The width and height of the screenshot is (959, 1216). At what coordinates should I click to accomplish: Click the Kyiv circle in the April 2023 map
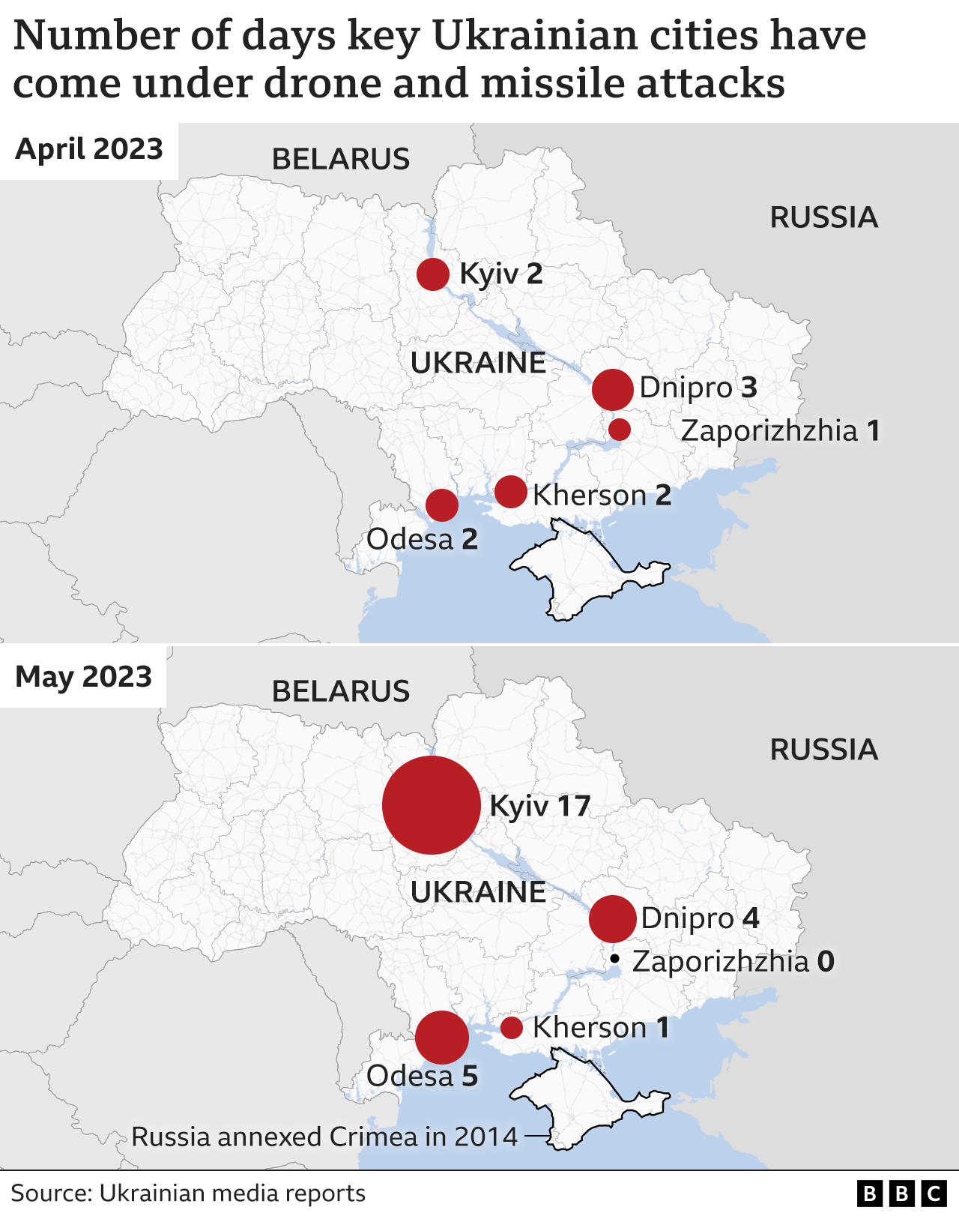coord(433,274)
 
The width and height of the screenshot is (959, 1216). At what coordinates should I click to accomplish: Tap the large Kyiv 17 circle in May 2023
coord(432,805)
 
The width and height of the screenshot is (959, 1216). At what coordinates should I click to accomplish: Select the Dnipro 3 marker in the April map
coord(613,389)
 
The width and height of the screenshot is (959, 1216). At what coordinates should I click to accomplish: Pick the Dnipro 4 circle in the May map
coord(613,918)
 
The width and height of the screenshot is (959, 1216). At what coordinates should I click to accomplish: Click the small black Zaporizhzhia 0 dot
coord(614,958)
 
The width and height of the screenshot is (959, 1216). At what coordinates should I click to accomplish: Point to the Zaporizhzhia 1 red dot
coord(620,430)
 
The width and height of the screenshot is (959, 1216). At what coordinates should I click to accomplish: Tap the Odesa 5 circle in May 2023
coord(442,1038)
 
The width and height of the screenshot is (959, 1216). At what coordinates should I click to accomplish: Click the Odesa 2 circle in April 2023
coord(442,505)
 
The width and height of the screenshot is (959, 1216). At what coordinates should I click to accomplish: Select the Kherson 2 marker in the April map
coord(511,492)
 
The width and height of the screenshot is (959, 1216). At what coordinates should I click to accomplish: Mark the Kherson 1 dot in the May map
coord(512,1028)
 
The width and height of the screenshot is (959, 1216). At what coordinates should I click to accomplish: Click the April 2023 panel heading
coord(89,149)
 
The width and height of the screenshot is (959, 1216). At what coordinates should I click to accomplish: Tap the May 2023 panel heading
coord(84,677)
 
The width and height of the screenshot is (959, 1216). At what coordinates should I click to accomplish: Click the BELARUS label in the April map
coord(341,160)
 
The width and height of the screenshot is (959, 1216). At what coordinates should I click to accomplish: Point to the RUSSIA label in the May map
coord(823,750)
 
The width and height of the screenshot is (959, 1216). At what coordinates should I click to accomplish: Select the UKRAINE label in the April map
coord(479,364)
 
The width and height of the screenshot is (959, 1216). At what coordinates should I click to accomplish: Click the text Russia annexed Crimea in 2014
coord(324,1137)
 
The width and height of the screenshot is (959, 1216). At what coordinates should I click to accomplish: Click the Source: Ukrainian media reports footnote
coord(188,1194)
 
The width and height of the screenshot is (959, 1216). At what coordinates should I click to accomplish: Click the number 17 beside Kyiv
coord(574,807)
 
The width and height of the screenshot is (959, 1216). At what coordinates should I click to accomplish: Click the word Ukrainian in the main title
coord(542,36)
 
